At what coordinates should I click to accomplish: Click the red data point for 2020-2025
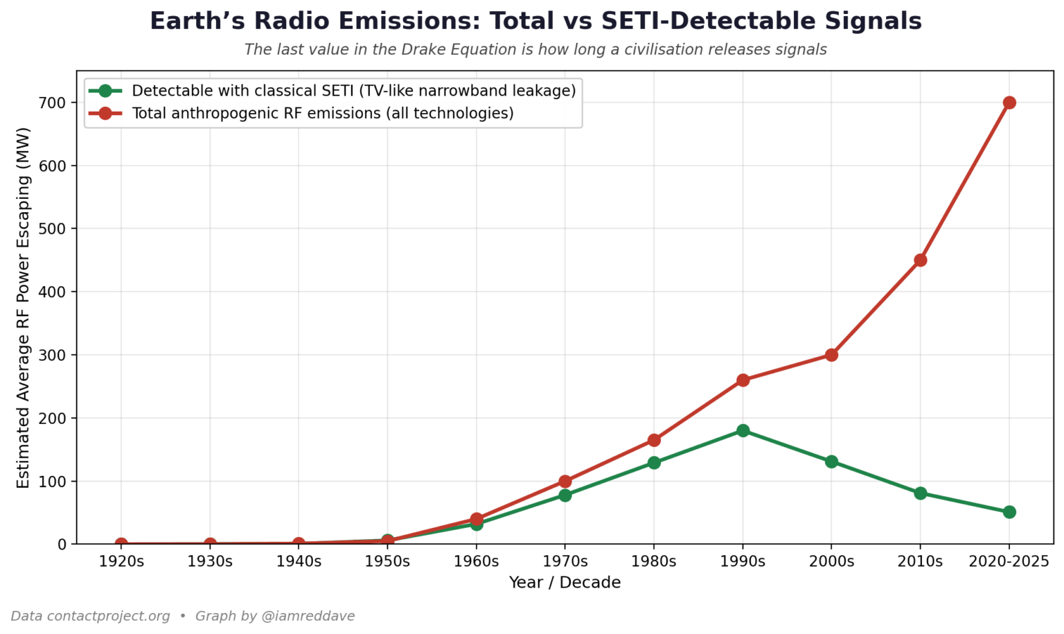point(1009,103)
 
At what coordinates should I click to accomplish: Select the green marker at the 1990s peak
point(743,430)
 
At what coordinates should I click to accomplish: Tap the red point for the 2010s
point(920,261)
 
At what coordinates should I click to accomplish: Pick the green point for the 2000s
point(831,461)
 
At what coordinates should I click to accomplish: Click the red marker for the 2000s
point(831,355)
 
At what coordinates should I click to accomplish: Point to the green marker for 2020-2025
point(1009,512)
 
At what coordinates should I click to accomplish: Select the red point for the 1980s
point(654,440)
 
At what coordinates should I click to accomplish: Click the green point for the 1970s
point(565,495)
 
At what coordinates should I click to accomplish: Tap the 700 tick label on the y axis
point(54,103)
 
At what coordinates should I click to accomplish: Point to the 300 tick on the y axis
point(54,355)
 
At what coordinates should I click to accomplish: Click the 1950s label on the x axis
point(387,561)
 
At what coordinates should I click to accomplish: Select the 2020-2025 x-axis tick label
point(1009,561)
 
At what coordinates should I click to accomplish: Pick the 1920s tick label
point(121,561)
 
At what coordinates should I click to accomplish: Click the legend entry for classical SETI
point(353,91)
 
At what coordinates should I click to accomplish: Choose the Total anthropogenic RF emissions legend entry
point(322,113)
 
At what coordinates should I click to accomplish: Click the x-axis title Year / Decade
point(565,583)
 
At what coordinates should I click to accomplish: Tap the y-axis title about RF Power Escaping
point(23,307)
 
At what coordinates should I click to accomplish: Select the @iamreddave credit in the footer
point(308,616)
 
